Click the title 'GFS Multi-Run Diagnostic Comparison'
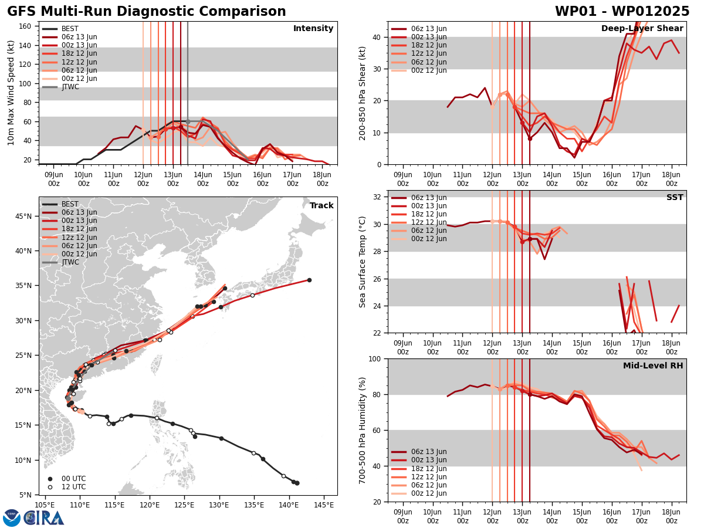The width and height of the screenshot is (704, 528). coord(147,12)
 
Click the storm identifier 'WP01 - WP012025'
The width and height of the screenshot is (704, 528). coord(622,12)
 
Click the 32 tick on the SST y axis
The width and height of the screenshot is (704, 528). coord(377,197)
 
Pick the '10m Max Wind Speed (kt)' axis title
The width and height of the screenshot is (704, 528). coord(11,93)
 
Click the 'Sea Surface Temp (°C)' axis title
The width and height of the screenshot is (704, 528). coord(363,262)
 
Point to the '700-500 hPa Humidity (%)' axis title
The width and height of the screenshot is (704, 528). coord(363,430)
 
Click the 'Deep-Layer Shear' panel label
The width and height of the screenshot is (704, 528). coord(642,29)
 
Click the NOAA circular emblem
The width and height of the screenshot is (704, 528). coord(12,517)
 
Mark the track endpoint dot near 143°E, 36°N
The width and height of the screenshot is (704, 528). coord(309,280)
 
